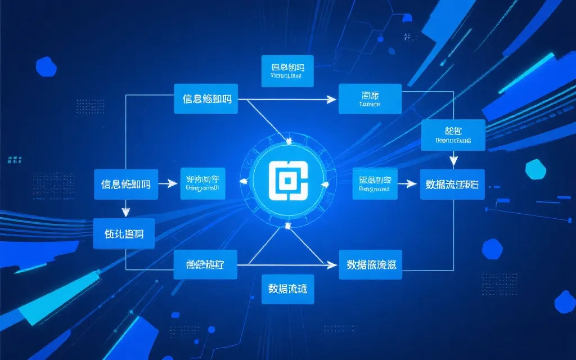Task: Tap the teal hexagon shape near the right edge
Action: point(535,169)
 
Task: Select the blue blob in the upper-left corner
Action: point(46,66)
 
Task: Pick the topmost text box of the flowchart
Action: point(287,71)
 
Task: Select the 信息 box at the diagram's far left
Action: point(125,184)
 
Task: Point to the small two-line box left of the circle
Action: point(202,183)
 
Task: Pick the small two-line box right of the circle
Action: point(375,183)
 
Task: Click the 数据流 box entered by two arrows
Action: point(452,184)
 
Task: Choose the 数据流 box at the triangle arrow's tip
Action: point(371,264)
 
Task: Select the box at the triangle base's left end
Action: point(205,264)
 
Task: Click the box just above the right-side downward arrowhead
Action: point(453,135)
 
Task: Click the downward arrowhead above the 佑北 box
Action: point(125,212)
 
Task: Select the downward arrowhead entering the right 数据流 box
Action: point(453,162)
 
